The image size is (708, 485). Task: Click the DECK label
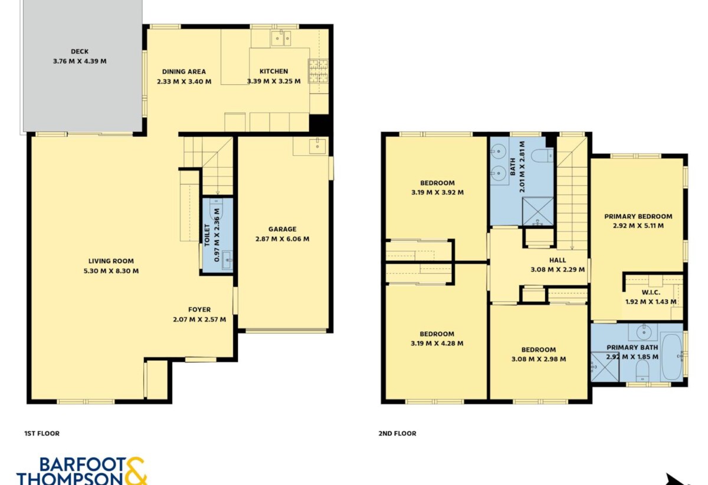tap(80, 51)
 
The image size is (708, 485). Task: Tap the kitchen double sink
tap(281, 38)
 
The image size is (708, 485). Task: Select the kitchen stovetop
tap(318, 71)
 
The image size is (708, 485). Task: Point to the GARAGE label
tap(282, 229)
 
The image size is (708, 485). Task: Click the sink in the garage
tap(317, 146)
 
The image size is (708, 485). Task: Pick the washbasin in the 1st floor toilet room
tap(227, 260)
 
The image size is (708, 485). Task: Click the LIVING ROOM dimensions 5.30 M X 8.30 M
tap(111, 271)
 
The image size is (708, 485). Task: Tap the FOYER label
tap(199, 310)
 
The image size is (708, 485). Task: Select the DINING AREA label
tap(184, 72)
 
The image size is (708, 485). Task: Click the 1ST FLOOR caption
tap(42, 434)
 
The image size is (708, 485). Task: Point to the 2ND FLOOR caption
tap(397, 434)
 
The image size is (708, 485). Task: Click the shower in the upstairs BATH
tap(537, 211)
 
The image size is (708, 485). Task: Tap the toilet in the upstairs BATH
tap(542, 156)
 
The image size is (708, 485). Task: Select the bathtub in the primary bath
tap(671, 357)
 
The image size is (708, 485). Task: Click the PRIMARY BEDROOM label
tap(638, 217)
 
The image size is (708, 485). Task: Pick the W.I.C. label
tap(651, 293)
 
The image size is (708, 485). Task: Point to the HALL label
tap(558, 260)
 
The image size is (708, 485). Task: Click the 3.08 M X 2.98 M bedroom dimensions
tap(539, 359)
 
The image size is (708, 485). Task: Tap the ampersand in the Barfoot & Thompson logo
tap(136, 471)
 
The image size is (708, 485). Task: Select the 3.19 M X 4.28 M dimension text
tap(437, 343)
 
